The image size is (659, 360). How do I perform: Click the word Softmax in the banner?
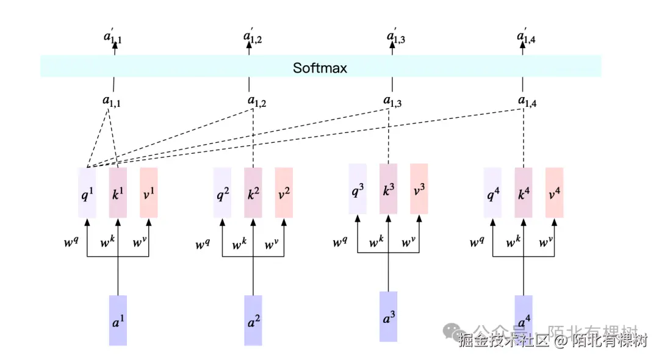pyautogui.click(x=320, y=68)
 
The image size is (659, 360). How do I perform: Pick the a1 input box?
pyautogui.click(x=118, y=320)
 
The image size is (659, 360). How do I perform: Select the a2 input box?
pyautogui.click(x=253, y=320)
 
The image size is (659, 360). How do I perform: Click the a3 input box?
pyautogui.click(x=388, y=317)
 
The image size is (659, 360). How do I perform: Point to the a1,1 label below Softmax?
pyautogui.click(x=112, y=102)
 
